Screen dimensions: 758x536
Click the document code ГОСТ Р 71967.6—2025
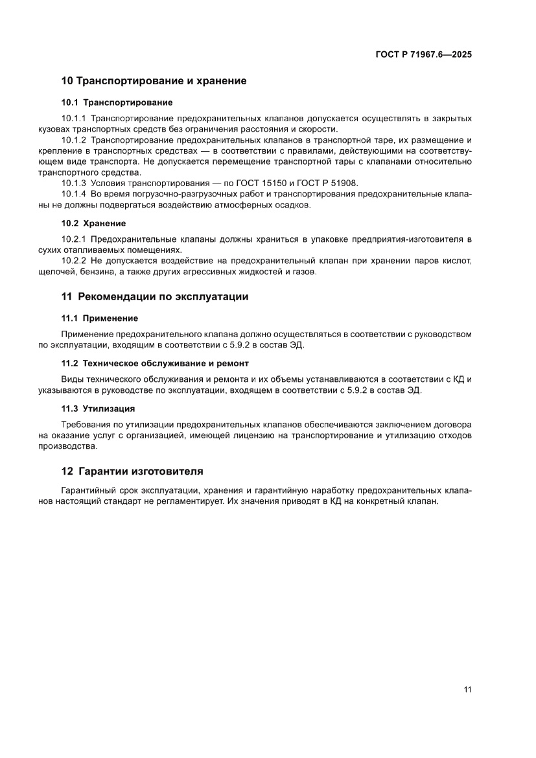(x=423, y=55)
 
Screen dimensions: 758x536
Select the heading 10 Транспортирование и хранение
(x=154, y=82)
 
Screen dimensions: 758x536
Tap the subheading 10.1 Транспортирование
(x=117, y=102)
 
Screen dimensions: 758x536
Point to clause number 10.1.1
(x=74, y=118)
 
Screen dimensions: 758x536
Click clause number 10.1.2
(x=74, y=139)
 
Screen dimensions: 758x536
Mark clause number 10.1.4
(x=74, y=195)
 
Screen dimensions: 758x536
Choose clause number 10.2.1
(x=74, y=239)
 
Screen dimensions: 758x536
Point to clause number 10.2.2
(x=74, y=261)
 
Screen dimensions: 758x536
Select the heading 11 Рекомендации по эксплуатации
(x=155, y=297)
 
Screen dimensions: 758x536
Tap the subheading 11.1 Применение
(x=99, y=318)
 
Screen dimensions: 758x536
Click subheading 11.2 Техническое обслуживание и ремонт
(x=155, y=363)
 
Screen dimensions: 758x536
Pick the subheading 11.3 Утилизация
(x=98, y=409)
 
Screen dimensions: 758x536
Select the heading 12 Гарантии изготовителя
(x=132, y=471)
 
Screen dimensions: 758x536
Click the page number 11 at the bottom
(x=467, y=690)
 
